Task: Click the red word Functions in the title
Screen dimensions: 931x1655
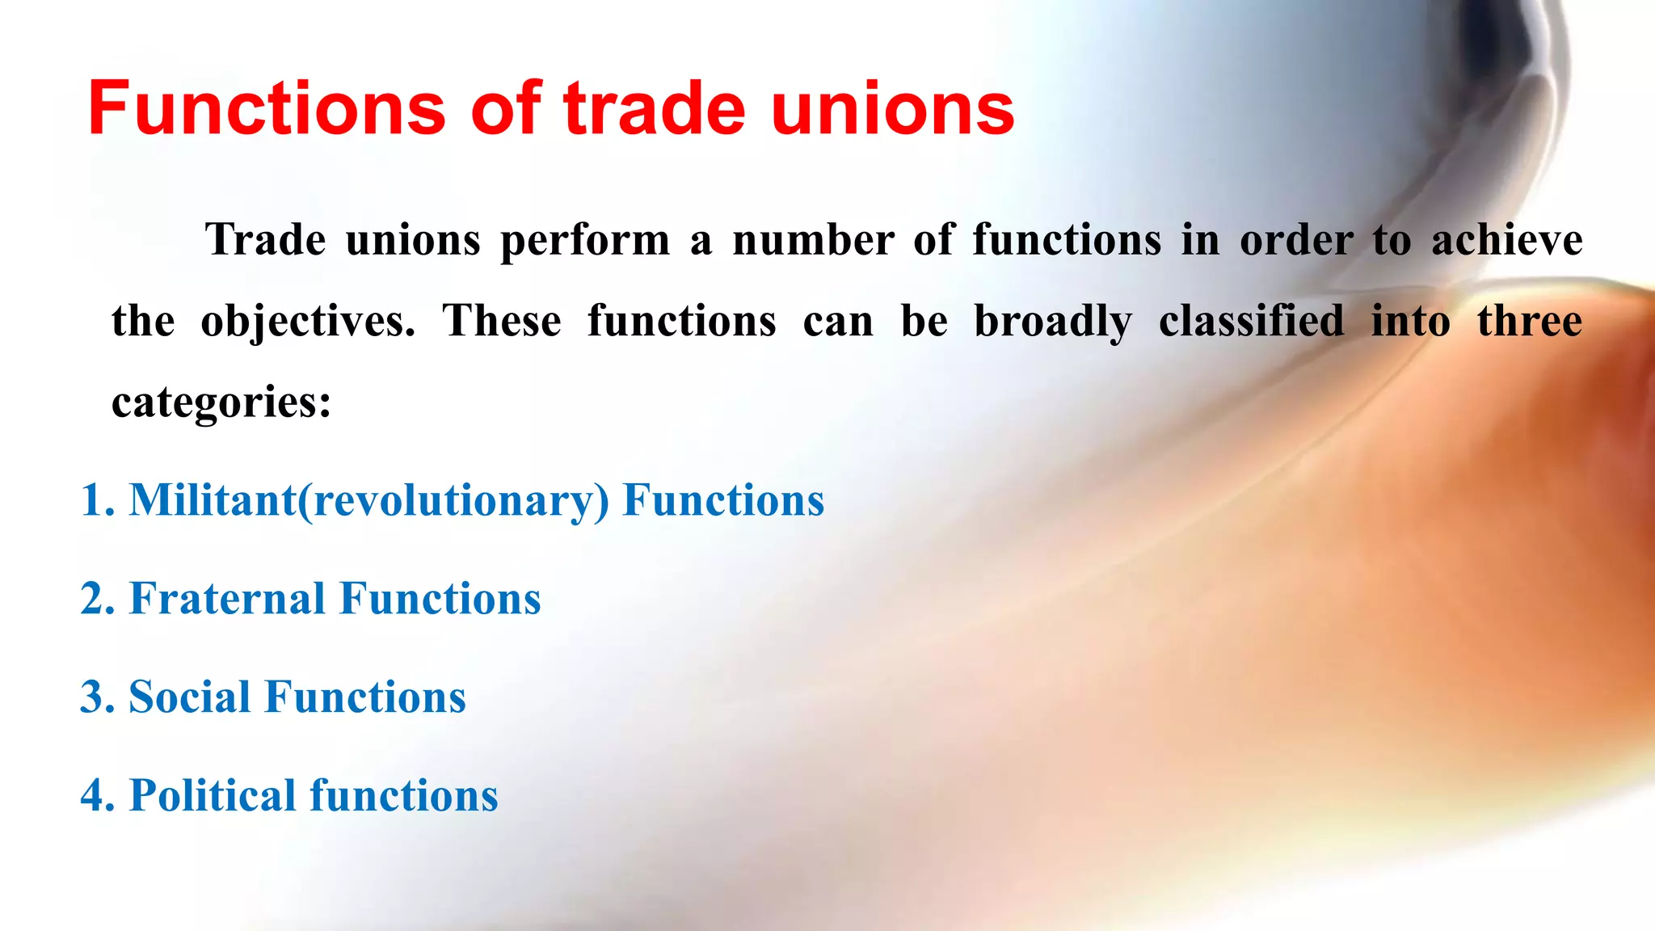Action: coord(267,108)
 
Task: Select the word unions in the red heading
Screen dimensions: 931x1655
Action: coord(893,108)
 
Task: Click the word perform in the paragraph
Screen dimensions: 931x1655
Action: coord(585,241)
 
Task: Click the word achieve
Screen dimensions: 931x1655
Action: coord(1507,241)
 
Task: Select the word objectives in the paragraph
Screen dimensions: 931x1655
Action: coord(308,322)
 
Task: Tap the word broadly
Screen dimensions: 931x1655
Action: coord(1053,322)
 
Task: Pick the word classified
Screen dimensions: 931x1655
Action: coord(1252,322)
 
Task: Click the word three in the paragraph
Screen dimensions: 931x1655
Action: coord(1530,322)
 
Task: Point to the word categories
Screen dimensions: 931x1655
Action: coord(221,402)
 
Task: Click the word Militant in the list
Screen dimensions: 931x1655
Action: coord(213,500)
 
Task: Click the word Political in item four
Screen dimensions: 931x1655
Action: coord(213,795)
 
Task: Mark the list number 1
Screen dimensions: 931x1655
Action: coord(94,500)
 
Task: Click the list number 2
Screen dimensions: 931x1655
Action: coord(94,599)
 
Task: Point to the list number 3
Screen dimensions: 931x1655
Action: coord(94,697)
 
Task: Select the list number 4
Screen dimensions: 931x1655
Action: coord(94,795)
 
